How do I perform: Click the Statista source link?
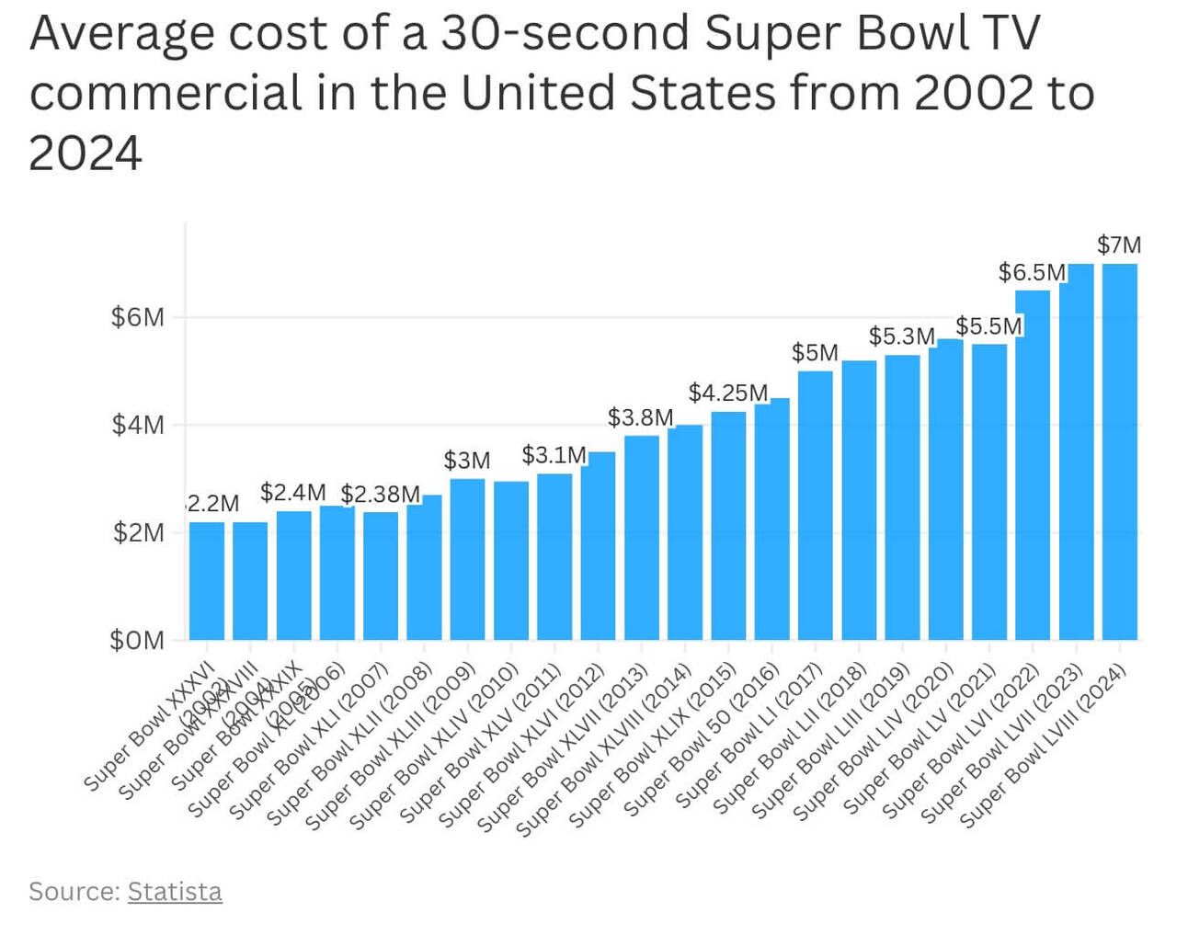coord(175,891)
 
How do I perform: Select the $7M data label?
coord(1119,245)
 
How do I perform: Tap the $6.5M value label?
coord(1032,272)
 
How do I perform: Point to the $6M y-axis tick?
coord(137,317)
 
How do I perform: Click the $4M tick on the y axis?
coord(137,425)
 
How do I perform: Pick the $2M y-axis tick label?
coord(138,532)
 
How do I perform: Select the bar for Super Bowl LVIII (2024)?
coord(1120,450)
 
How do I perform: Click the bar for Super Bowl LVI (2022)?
coord(1033,464)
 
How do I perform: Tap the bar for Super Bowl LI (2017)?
coord(816,505)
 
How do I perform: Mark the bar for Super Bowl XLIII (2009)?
coord(467,558)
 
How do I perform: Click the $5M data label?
coord(815,353)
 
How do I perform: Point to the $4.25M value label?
coord(727,393)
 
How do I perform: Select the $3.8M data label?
coord(640,417)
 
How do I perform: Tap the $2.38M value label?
coord(380,494)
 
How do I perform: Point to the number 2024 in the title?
coord(86,153)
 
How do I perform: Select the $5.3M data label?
coord(901,336)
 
